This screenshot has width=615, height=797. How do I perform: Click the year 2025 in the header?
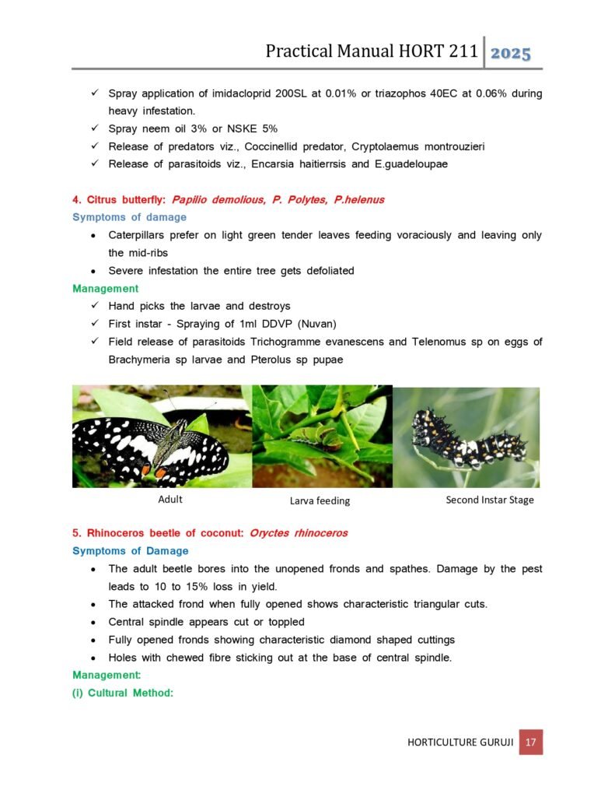pyautogui.click(x=511, y=53)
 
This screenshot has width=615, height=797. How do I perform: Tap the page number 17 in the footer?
pyautogui.click(x=532, y=742)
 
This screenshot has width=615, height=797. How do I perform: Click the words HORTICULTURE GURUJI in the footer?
pyautogui.click(x=460, y=743)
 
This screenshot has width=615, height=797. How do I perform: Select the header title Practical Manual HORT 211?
pyautogui.click(x=371, y=52)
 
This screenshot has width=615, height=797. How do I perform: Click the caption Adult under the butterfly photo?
pyautogui.click(x=170, y=499)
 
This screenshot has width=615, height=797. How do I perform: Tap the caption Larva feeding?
pyautogui.click(x=320, y=500)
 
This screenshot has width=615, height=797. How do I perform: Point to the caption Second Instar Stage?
pyautogui.click(x=490, y=500)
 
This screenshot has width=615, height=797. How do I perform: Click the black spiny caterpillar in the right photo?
pyautogui.click(x=468, y=441)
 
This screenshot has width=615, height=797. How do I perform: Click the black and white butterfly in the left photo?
pyautogui.click(x=152, y=444)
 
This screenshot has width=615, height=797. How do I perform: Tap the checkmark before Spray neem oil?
pyautogui.click(x=93, y=128)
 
